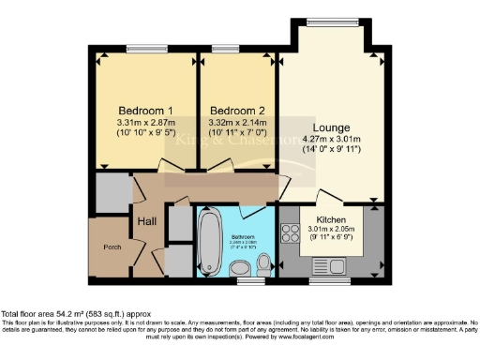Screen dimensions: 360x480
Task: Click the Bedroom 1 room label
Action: click(139, 110)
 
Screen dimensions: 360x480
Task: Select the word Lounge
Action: click(332, 127)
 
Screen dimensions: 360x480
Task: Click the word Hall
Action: click(147, 220)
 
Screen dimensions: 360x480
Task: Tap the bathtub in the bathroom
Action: click(209, 239)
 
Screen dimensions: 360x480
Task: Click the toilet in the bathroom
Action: click(264, 259)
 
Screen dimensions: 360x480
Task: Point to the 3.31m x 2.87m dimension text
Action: click(139, 123)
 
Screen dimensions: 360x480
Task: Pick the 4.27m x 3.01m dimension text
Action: click(332, 141)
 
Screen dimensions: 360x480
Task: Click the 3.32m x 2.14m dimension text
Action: click(236, 123)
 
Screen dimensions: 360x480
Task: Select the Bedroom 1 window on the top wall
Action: click(148, 48)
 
